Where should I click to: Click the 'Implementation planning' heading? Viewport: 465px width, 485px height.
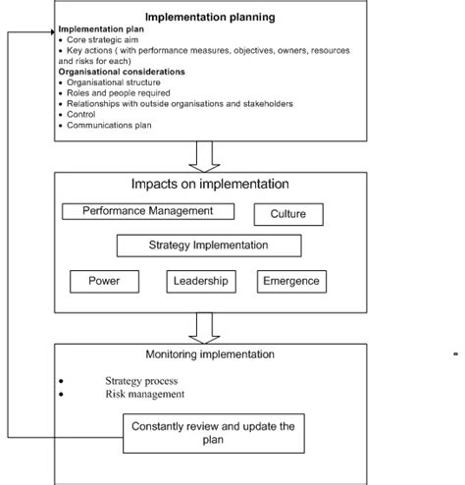[210, 17]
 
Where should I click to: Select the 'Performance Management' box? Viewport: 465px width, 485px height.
[148, 211]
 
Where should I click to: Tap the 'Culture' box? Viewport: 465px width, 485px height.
[287, 213]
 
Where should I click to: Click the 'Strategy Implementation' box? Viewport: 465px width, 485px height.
[208, 245]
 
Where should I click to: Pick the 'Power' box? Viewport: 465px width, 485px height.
[104, 281]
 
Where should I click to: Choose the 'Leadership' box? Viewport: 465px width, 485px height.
[202, 281]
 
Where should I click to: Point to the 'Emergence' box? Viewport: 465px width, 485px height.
[290, 281]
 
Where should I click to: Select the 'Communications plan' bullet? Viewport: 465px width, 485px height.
[104, 125]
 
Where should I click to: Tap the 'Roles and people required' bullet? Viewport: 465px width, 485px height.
[113, 93]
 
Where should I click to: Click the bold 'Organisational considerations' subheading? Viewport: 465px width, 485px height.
[121, 72]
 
